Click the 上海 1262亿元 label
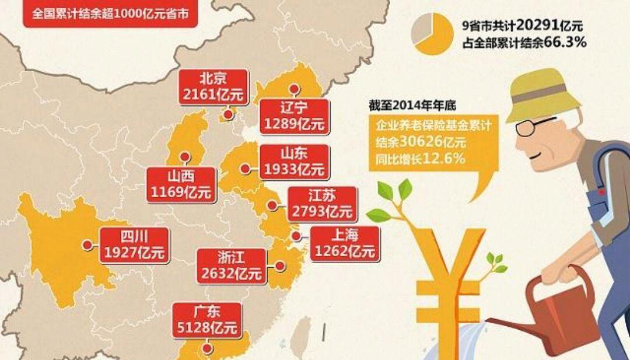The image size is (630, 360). pos(344,243)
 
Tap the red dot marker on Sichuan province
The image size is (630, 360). pos(87,245)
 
